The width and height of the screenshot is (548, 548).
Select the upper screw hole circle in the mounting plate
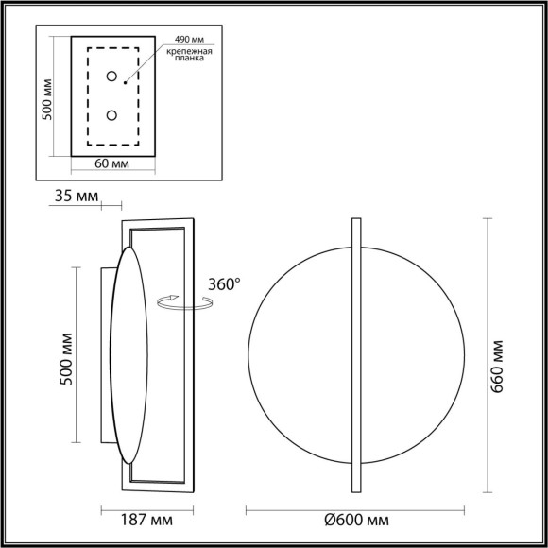click(111, 76)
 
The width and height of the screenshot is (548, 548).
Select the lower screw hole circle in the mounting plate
click(111, 115)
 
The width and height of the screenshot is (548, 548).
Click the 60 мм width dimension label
click(112, 163)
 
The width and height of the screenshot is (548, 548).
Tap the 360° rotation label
click(224, 283)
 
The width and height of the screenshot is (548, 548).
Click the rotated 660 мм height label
click(502, 354)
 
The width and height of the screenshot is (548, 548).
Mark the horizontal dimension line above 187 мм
click(147, 509)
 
